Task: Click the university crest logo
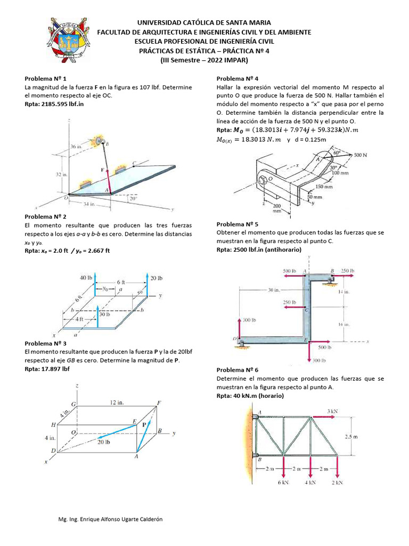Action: tap(67, 41)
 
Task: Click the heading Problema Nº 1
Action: tap(46, 78)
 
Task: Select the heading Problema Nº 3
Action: tap(46, 344)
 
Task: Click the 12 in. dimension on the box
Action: tap(117, 403)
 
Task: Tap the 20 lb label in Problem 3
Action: tap(104, 441)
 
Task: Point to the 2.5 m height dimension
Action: tap(351, 436)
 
